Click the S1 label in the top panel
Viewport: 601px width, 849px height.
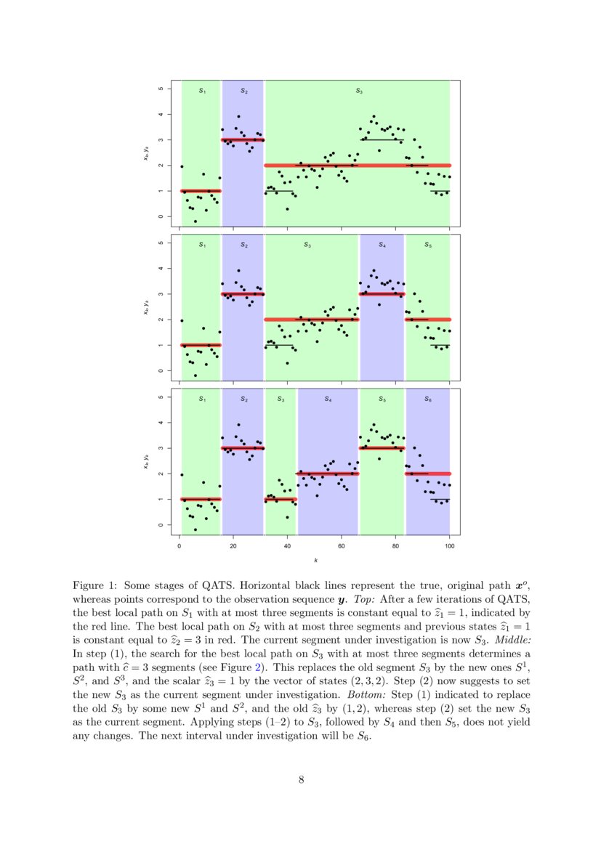(202, 92)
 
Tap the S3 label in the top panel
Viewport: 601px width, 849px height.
(358, 92)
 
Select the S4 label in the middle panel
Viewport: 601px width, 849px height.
(382, 245)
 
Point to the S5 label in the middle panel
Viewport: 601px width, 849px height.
(428, 245)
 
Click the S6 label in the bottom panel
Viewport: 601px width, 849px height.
(428, 399)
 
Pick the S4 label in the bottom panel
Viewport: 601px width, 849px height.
(328, 399)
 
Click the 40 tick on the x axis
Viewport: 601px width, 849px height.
(287, 546)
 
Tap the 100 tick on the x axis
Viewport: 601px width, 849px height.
(450, 546)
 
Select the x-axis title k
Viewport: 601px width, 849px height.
(315, 560)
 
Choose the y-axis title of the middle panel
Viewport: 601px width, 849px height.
(145, 306)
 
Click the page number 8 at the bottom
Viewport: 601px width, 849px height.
(301, 780)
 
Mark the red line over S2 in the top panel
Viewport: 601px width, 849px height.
(243, 139)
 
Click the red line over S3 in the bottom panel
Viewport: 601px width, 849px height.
(281, 500)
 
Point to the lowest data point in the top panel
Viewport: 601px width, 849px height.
(195, 221)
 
